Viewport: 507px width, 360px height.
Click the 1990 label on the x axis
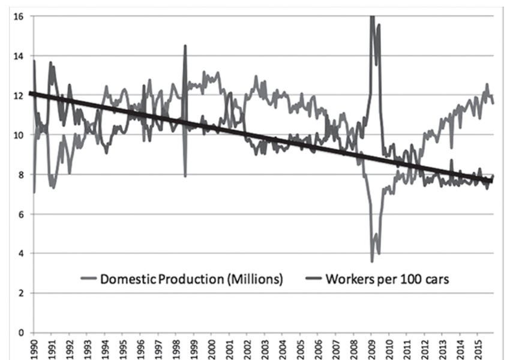point(34,347)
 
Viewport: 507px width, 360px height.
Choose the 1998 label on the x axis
point(175,347)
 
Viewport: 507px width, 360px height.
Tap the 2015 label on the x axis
point(477,347)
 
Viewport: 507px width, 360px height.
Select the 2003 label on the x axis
point(264,347)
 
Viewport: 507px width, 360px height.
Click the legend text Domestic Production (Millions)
point(191,279)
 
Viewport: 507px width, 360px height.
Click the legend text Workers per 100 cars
point(387,279)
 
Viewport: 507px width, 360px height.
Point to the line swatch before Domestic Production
point(88,280)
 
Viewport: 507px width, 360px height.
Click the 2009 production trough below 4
point(372,261)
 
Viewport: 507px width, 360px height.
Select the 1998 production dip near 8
point(185,175)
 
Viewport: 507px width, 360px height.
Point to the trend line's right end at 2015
point(491,181)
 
